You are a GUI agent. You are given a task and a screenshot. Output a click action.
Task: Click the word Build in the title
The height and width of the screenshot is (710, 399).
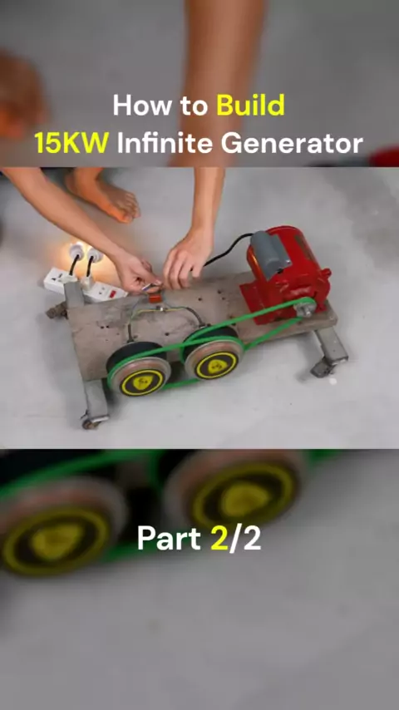(250, 106)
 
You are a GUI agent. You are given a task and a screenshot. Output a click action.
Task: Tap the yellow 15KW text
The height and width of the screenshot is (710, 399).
(71, 143)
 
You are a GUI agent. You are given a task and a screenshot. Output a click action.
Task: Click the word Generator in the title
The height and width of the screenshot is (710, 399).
(292, 143)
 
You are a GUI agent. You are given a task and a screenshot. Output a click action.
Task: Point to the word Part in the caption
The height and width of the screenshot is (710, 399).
(169, 539)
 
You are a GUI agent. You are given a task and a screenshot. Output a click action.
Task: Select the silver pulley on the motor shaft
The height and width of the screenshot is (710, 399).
(303, 308)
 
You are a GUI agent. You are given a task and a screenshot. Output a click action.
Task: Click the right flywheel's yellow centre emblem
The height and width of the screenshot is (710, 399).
(216, 364)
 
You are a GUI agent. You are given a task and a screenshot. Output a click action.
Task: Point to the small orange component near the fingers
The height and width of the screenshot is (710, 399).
(155, 298)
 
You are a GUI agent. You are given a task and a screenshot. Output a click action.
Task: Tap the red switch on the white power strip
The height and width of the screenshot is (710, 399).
(113, 293)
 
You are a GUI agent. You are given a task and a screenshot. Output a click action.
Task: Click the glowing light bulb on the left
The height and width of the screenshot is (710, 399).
(75, 252)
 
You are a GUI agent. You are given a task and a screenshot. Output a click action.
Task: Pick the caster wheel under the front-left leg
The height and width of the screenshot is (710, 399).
(91, 422)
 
